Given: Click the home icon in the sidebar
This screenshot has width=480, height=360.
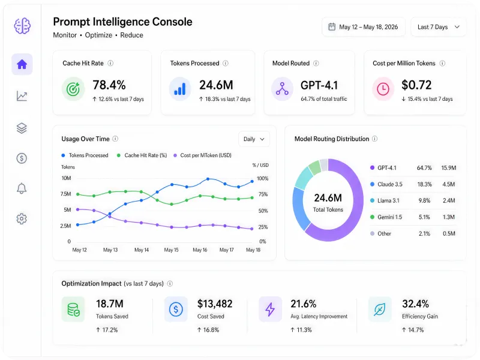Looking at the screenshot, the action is (22, 64).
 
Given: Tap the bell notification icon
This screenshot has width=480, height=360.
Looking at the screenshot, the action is (22, 188).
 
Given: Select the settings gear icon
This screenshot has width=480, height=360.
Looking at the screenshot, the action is (22, 218).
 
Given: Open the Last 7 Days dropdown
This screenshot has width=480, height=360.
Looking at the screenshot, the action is (438, 27).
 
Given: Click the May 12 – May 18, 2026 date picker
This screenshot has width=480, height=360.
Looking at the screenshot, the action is (364, 27).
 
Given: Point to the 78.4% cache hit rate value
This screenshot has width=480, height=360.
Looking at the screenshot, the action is (109, 85).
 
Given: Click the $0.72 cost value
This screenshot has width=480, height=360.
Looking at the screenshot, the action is (416, 85).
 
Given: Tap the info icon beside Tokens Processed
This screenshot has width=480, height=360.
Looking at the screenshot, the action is (226, 63).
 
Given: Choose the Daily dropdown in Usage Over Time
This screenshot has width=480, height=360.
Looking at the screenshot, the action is (254, 139).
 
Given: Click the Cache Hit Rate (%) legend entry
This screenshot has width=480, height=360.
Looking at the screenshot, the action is (142, 155).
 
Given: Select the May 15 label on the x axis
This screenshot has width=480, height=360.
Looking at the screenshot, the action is (171, 250).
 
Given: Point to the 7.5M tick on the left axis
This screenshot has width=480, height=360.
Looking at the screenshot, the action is (66, 194).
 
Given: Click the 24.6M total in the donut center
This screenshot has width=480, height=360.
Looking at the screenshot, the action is (328, 198).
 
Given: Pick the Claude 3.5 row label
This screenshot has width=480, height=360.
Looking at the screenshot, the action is (389, 184).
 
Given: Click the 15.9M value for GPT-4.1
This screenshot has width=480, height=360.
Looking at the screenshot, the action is (448, 168).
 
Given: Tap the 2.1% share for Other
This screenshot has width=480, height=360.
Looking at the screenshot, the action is (424, 233).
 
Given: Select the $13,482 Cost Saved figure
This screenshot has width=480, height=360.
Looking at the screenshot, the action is (215, 304).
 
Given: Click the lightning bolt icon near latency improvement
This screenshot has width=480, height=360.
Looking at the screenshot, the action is (270, 309).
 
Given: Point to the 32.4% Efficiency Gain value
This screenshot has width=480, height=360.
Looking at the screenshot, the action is (415, 304).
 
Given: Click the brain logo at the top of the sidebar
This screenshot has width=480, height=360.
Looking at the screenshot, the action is (22, 26).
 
